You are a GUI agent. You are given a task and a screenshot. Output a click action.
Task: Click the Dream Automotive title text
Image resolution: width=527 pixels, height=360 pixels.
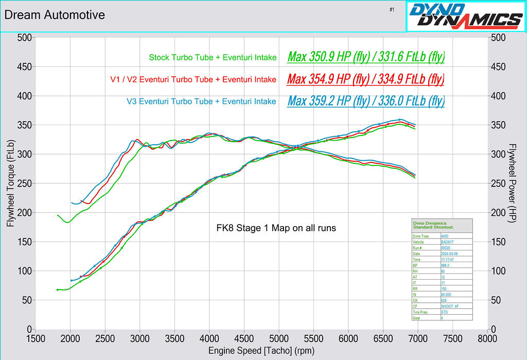[55, 15]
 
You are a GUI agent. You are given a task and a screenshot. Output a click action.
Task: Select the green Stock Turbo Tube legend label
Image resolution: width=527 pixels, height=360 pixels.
[213, 58]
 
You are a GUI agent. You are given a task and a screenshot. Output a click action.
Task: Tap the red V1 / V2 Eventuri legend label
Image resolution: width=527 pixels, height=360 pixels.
[193, 80]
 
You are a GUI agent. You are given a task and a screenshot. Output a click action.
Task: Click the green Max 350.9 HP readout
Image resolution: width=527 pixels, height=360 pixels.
[366, 57]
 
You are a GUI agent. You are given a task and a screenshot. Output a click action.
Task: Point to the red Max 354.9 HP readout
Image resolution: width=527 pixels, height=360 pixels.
[365, 79]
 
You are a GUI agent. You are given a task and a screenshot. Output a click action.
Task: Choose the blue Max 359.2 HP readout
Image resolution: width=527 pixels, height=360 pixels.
[366, 101]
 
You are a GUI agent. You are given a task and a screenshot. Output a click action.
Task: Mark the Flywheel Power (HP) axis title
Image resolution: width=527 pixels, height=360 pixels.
[512, 183]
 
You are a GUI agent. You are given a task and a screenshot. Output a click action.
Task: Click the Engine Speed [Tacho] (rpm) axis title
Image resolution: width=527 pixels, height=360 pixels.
[261, 351]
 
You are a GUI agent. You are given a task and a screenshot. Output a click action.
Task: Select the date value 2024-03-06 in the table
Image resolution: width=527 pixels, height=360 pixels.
[449, 254]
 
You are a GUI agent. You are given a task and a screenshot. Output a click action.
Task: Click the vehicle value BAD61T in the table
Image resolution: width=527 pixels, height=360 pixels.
[447, 242]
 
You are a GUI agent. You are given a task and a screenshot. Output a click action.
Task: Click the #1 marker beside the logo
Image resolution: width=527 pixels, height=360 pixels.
[392, 9]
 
